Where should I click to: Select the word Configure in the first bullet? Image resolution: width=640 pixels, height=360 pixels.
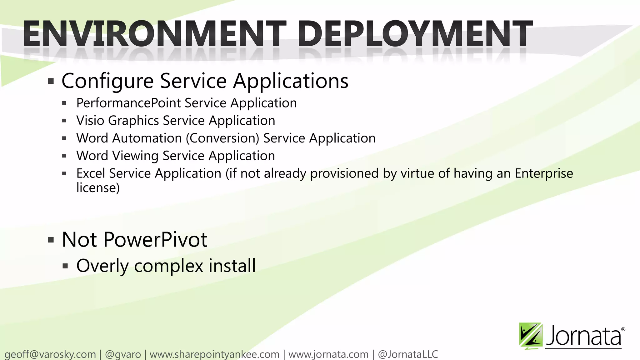click(107, 81)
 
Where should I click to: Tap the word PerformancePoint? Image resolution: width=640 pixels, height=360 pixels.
click(128, 103)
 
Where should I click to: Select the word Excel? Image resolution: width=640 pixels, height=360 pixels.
click(91, 173)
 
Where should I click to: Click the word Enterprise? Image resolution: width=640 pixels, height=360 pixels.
click(544, 173)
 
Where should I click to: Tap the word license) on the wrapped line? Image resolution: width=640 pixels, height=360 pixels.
click(98, 188)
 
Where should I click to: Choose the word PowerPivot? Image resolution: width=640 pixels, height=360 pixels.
click(155, 240)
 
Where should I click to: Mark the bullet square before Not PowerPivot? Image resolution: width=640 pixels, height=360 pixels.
click(51, 240)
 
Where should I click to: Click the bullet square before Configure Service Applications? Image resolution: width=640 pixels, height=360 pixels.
click(51, 82)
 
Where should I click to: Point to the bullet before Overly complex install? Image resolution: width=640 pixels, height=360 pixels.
click(65, 266)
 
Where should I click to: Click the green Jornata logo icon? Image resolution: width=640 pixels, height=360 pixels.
click(530, 336)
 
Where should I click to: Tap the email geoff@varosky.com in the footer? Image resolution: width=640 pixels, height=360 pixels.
click(50, 354)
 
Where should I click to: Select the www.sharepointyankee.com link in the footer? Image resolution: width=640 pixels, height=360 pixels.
click(214, 354)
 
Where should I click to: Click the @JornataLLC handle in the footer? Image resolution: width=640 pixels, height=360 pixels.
click(408, 354)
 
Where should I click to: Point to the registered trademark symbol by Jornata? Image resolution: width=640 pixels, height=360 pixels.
click(623, 329)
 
